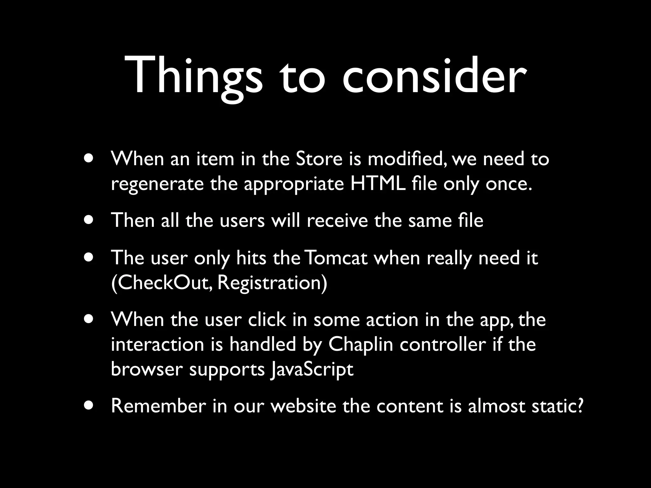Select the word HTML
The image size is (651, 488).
(378, 184)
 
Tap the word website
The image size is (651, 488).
(303, 406)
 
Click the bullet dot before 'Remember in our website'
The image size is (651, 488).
(89, 405)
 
